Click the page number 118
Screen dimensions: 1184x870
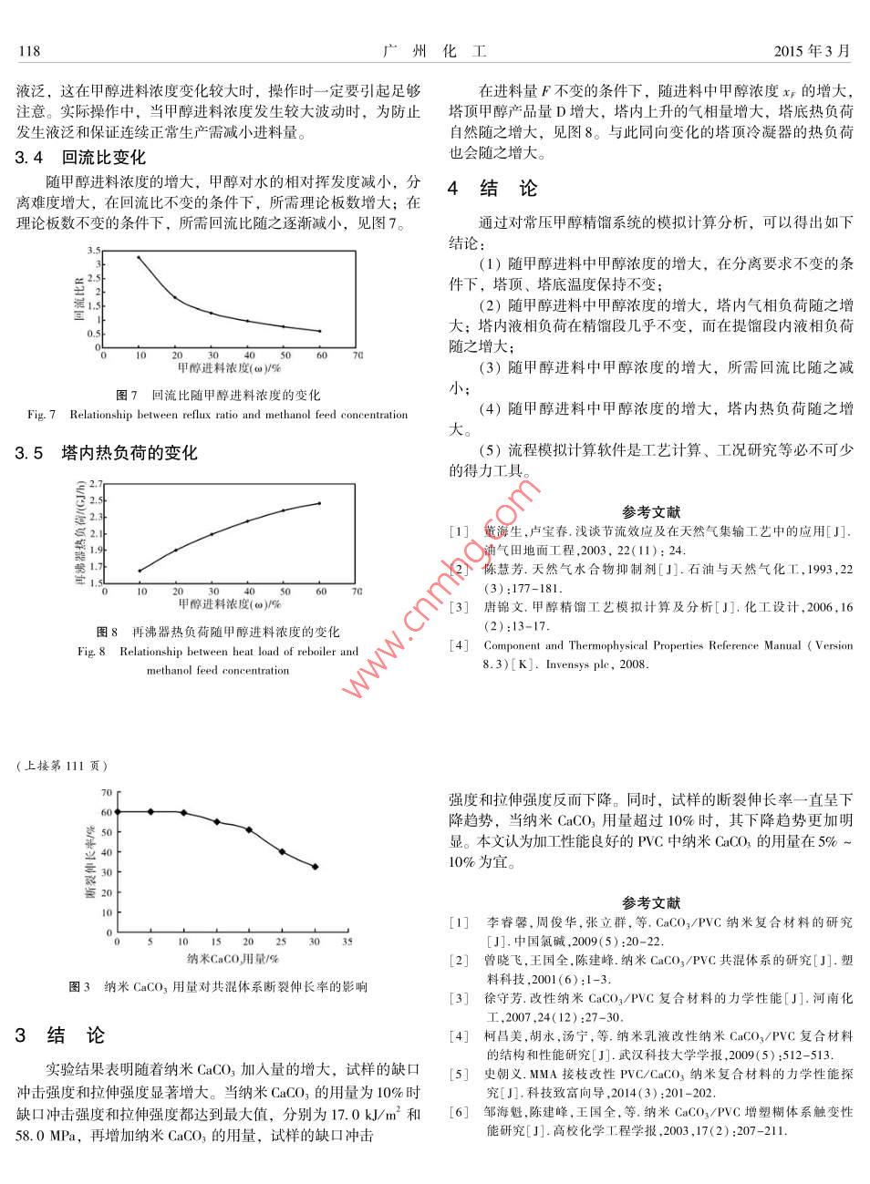[29, 51]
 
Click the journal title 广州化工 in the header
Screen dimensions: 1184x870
[435, 51]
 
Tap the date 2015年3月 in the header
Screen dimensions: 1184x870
[811, 51]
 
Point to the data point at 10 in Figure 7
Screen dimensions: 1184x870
[140, 257]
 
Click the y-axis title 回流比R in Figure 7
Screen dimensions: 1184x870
[79, 299]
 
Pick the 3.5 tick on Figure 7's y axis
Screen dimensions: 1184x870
[95, 251]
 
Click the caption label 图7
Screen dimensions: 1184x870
[127, 395]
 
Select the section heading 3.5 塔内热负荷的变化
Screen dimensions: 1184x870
[106, 453]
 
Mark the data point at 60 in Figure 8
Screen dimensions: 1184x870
[320, 503]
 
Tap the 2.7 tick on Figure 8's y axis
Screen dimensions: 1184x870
[97, 484]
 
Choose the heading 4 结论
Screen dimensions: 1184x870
[492, 189]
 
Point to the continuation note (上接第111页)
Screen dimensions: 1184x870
[62, 766]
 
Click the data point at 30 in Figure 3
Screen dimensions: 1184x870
[315, 867]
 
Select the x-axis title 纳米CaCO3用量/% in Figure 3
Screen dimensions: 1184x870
[233, 958]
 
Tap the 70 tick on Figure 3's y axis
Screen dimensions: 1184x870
[107, 793]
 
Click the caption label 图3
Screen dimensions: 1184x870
[79, 986]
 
